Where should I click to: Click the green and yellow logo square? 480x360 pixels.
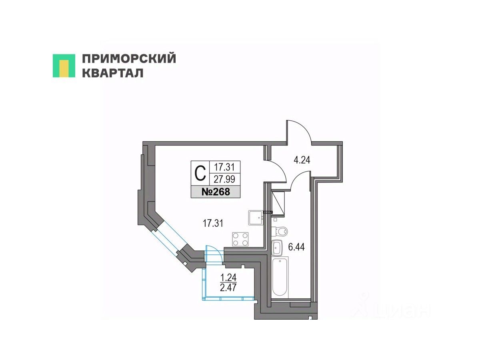coord(64,66)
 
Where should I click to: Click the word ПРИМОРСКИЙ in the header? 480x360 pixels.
coord(129,59)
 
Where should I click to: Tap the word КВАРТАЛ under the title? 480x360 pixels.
coord(113,73)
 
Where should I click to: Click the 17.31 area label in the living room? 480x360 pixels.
coord(213,224)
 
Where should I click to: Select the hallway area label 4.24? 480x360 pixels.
coord(302,160)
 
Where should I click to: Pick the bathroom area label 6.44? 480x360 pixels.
coord(297,247)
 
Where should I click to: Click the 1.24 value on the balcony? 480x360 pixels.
coord(226,276)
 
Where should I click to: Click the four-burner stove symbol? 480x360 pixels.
coord(240,239)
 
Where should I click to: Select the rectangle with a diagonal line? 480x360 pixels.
coord(278,203)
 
